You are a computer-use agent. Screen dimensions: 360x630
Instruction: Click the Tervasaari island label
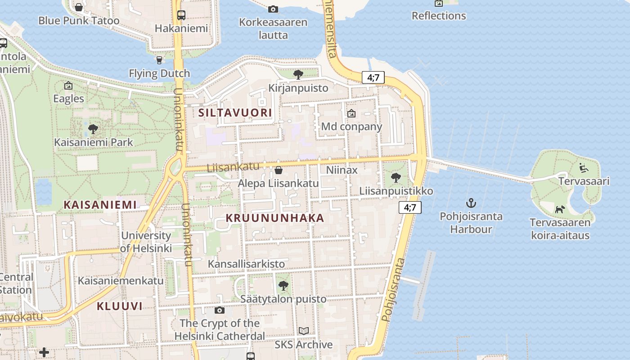[584, 181]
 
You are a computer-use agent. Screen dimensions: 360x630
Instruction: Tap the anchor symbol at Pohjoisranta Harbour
[471, 203]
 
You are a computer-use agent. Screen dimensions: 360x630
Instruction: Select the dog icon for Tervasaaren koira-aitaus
[560, 209]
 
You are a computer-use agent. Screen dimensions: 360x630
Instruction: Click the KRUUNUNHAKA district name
[274, 218]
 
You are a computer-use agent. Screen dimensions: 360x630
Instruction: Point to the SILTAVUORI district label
[235, 113]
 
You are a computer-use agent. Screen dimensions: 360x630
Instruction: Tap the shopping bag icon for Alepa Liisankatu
[279, 170]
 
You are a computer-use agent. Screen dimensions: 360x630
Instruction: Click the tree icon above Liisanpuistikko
[396, 177]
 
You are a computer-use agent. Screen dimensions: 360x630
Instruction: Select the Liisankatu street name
[233, 167]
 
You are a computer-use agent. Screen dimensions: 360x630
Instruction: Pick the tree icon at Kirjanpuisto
[298, 74]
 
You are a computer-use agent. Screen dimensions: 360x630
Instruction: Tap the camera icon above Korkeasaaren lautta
[273, 9]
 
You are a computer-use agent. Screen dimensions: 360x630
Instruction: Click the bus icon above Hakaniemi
[181, 15]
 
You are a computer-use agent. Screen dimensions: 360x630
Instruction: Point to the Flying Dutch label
[159, 73]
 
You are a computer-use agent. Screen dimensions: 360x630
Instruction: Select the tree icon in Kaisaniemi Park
[93, 129]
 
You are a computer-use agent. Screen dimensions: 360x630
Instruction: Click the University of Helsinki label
[146, 242]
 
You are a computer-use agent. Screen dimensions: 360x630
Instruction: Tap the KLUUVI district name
[120, 306]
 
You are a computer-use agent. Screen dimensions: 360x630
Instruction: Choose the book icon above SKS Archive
[304, 331]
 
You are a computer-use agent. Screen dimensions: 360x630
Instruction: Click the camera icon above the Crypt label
[220, 310]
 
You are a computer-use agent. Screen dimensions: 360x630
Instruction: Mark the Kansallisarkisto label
[246, 264]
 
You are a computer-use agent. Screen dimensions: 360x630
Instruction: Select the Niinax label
[342, 170]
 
